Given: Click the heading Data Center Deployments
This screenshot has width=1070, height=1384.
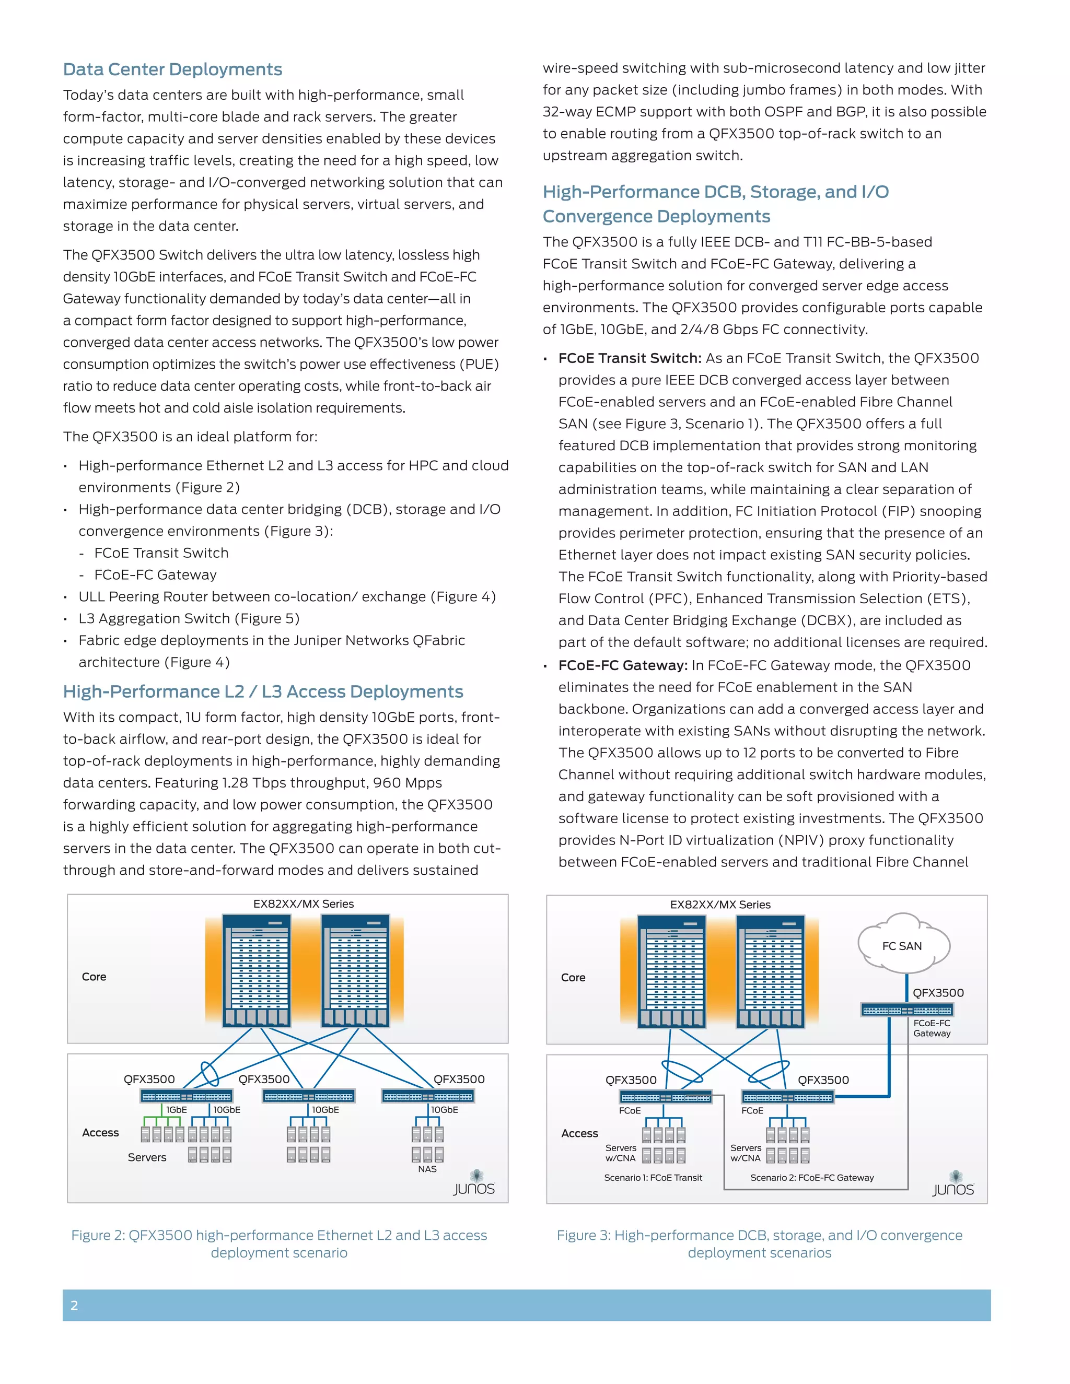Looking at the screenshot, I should [x=172, y=69].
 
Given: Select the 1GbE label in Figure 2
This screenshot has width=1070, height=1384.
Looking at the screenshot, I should [x=176, y=1110].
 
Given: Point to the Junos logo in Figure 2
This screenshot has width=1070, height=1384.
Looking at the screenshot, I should [x=474, y=1184].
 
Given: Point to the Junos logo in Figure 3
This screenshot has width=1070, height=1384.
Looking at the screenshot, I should [x=953, y=1184].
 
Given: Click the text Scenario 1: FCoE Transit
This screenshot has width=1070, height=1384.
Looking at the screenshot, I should [x=653, y=1177].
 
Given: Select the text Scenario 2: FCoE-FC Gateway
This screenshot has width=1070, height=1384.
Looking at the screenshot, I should [x=812, y=1177].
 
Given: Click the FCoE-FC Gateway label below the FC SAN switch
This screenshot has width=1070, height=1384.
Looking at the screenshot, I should [x=932, y=1028].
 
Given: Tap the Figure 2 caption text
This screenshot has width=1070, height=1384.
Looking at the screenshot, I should [x=279, y=1244].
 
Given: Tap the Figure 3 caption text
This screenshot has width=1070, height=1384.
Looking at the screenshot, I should [x=759, y=1244].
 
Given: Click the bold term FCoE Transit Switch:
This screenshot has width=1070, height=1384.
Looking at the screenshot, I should [x=630, y=358].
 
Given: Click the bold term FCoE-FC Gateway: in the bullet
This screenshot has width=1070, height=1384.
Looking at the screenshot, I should [x=622, y=665].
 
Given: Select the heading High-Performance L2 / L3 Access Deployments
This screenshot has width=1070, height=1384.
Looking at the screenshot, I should [x=263, y=691].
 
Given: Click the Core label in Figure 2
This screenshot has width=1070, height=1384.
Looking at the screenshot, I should [x=94, y=977].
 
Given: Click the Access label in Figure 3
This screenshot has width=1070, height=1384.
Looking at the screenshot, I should [x=579, y=1133].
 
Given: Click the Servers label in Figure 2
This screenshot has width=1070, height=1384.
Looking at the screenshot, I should [x=147, y=1157].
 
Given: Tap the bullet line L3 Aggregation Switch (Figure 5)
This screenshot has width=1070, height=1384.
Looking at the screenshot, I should [x=189, y=618].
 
